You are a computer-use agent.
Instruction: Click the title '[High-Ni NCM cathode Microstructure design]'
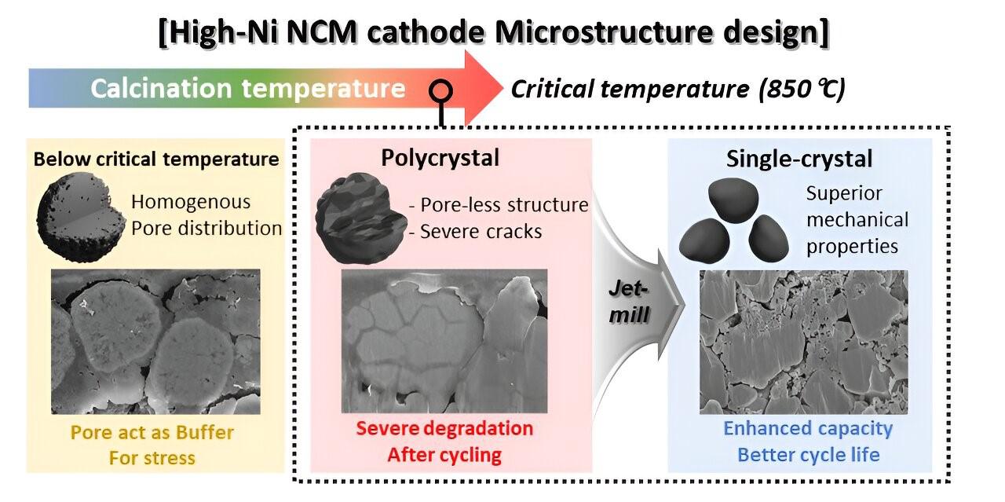494,32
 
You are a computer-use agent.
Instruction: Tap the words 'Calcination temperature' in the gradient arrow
248,89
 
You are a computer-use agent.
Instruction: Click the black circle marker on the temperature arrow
440,91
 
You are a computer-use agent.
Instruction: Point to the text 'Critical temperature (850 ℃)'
678,89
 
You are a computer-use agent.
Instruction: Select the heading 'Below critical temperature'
156,159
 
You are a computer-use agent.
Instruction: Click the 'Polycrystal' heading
440,158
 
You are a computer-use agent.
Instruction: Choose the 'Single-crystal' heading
799,159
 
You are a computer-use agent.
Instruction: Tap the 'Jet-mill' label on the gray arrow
629,302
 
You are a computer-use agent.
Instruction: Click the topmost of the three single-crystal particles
733,200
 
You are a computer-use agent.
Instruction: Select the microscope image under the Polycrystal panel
444,341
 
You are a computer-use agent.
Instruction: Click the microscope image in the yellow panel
155,342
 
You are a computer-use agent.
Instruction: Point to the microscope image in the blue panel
803,342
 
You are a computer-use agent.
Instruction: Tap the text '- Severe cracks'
476,232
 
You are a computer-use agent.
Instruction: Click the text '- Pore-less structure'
499,205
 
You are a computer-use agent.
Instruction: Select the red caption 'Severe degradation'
444,428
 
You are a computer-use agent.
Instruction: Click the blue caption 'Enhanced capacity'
808,428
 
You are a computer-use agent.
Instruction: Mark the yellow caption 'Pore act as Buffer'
152,432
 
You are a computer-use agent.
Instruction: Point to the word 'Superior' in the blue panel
844,193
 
